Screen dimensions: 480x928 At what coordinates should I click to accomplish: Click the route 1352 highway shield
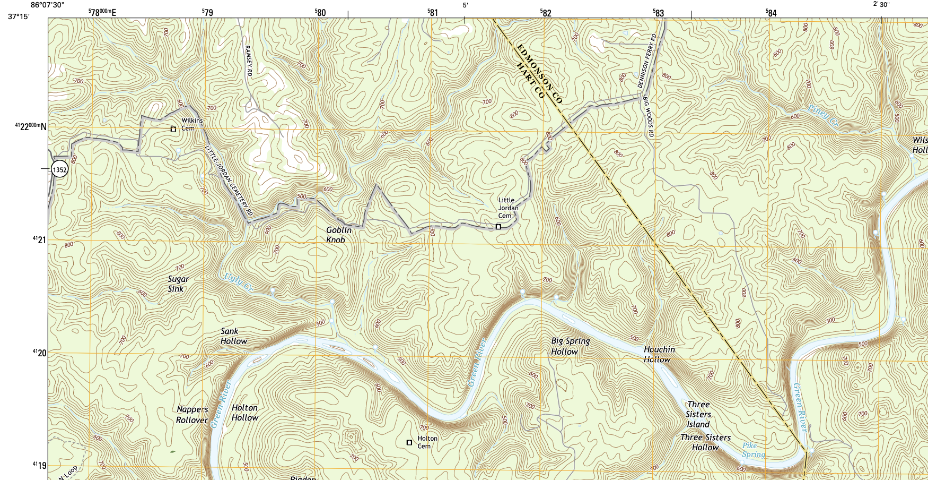(x=60, y=170)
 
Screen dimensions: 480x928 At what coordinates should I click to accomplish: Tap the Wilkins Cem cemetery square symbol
(x=173, y=129)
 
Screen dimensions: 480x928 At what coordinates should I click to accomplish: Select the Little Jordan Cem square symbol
(x=498, y=227)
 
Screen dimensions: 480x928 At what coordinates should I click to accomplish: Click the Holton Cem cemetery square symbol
(x=409, y=442)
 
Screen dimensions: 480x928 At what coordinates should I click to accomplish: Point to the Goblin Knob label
(x=338, y=235)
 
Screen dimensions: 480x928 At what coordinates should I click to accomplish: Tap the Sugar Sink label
(x=178, y=284)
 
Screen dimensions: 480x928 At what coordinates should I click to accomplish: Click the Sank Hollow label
(x=233, y=336)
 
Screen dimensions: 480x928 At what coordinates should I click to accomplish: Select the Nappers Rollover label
(x=192, y=415)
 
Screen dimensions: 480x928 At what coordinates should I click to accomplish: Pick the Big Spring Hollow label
(x=570, y=346)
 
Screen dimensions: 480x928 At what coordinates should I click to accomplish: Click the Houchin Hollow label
(x=659, y=354)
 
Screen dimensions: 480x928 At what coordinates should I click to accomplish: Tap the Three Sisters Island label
(x=698, y=414)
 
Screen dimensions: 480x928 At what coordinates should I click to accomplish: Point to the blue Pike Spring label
(x=753, y=450)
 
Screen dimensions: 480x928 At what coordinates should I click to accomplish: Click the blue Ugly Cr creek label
(x=238, y=282)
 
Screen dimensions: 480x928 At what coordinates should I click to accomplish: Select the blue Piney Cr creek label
(x=822, y=116)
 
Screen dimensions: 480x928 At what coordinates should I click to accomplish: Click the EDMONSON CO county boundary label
(x=539, y=73)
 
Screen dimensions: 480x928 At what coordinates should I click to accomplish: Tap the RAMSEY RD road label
(x=248, y=60)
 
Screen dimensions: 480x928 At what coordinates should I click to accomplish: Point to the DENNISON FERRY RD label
(x=647, y=61)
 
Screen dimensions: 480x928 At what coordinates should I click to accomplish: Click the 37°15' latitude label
(x=19, y=16)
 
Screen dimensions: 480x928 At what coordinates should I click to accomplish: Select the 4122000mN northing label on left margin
(x=30, y=126)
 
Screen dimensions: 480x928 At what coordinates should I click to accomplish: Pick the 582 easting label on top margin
(x=546, y=13)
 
